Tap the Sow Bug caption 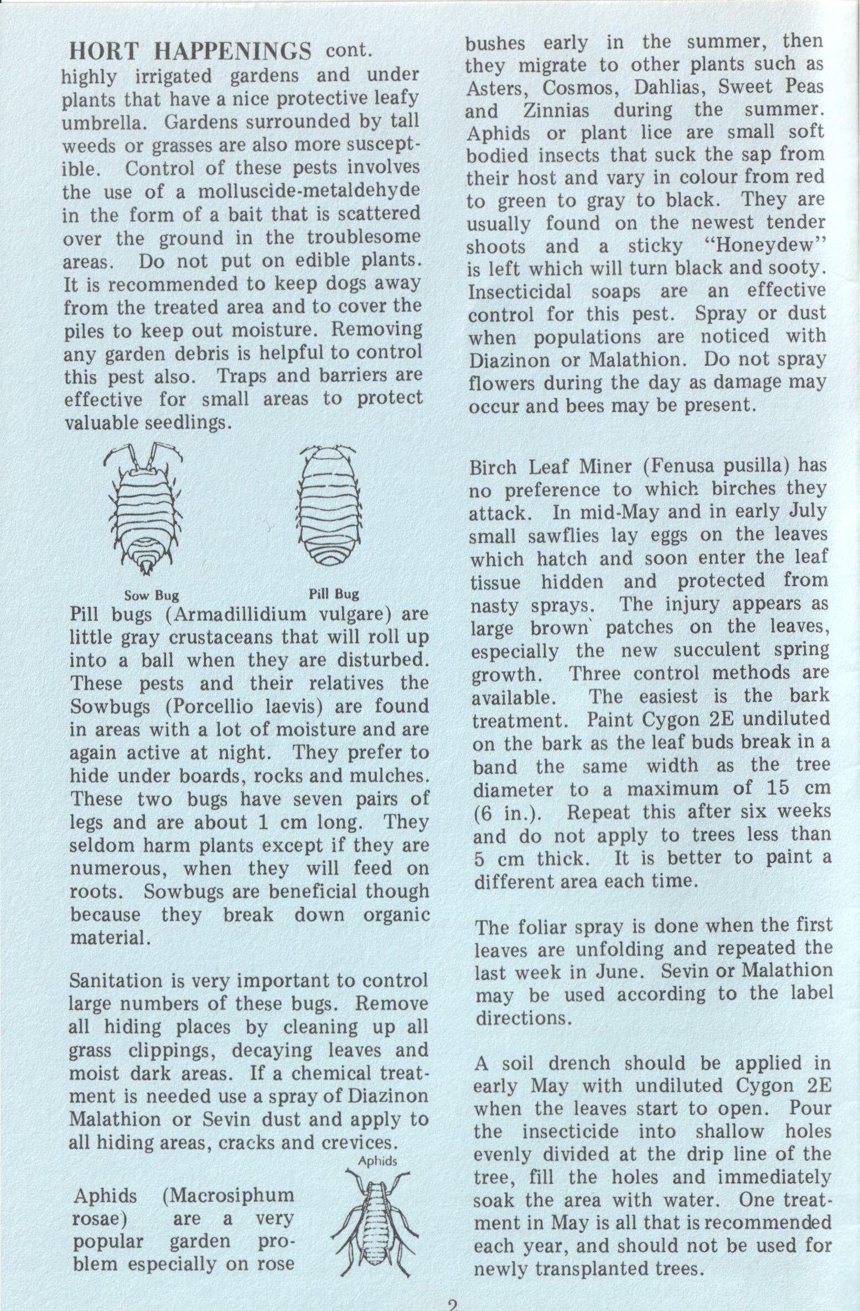tap(151, 595)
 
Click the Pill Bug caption tap(334, 594)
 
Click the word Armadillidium tap(241, 615)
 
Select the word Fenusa tap(680, 466)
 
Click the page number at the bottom tap(453, 1304)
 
